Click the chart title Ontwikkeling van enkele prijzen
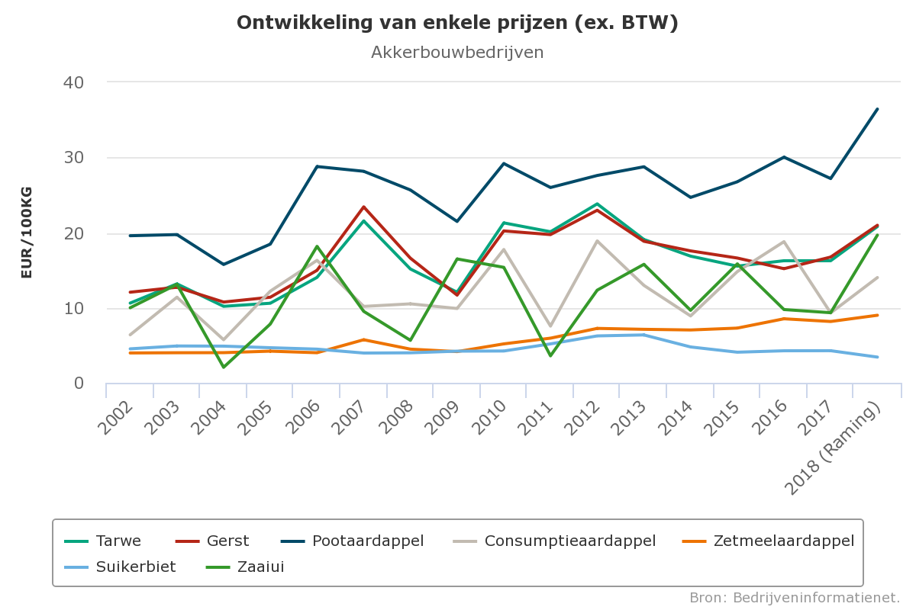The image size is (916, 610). coord(457,23)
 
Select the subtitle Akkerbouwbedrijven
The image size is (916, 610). coord(457,53)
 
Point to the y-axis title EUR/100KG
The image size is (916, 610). coord(27,232)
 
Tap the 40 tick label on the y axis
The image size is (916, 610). coord(73,82)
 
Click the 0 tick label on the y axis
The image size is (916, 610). coord(78,384)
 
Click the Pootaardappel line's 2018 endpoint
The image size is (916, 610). coord(878,109)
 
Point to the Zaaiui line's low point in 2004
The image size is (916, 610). coord(224,368)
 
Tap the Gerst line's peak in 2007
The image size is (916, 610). coord(364,207)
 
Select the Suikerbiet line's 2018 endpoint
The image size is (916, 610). coord(878,357)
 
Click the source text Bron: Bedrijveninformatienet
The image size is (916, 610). coord(795,597)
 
